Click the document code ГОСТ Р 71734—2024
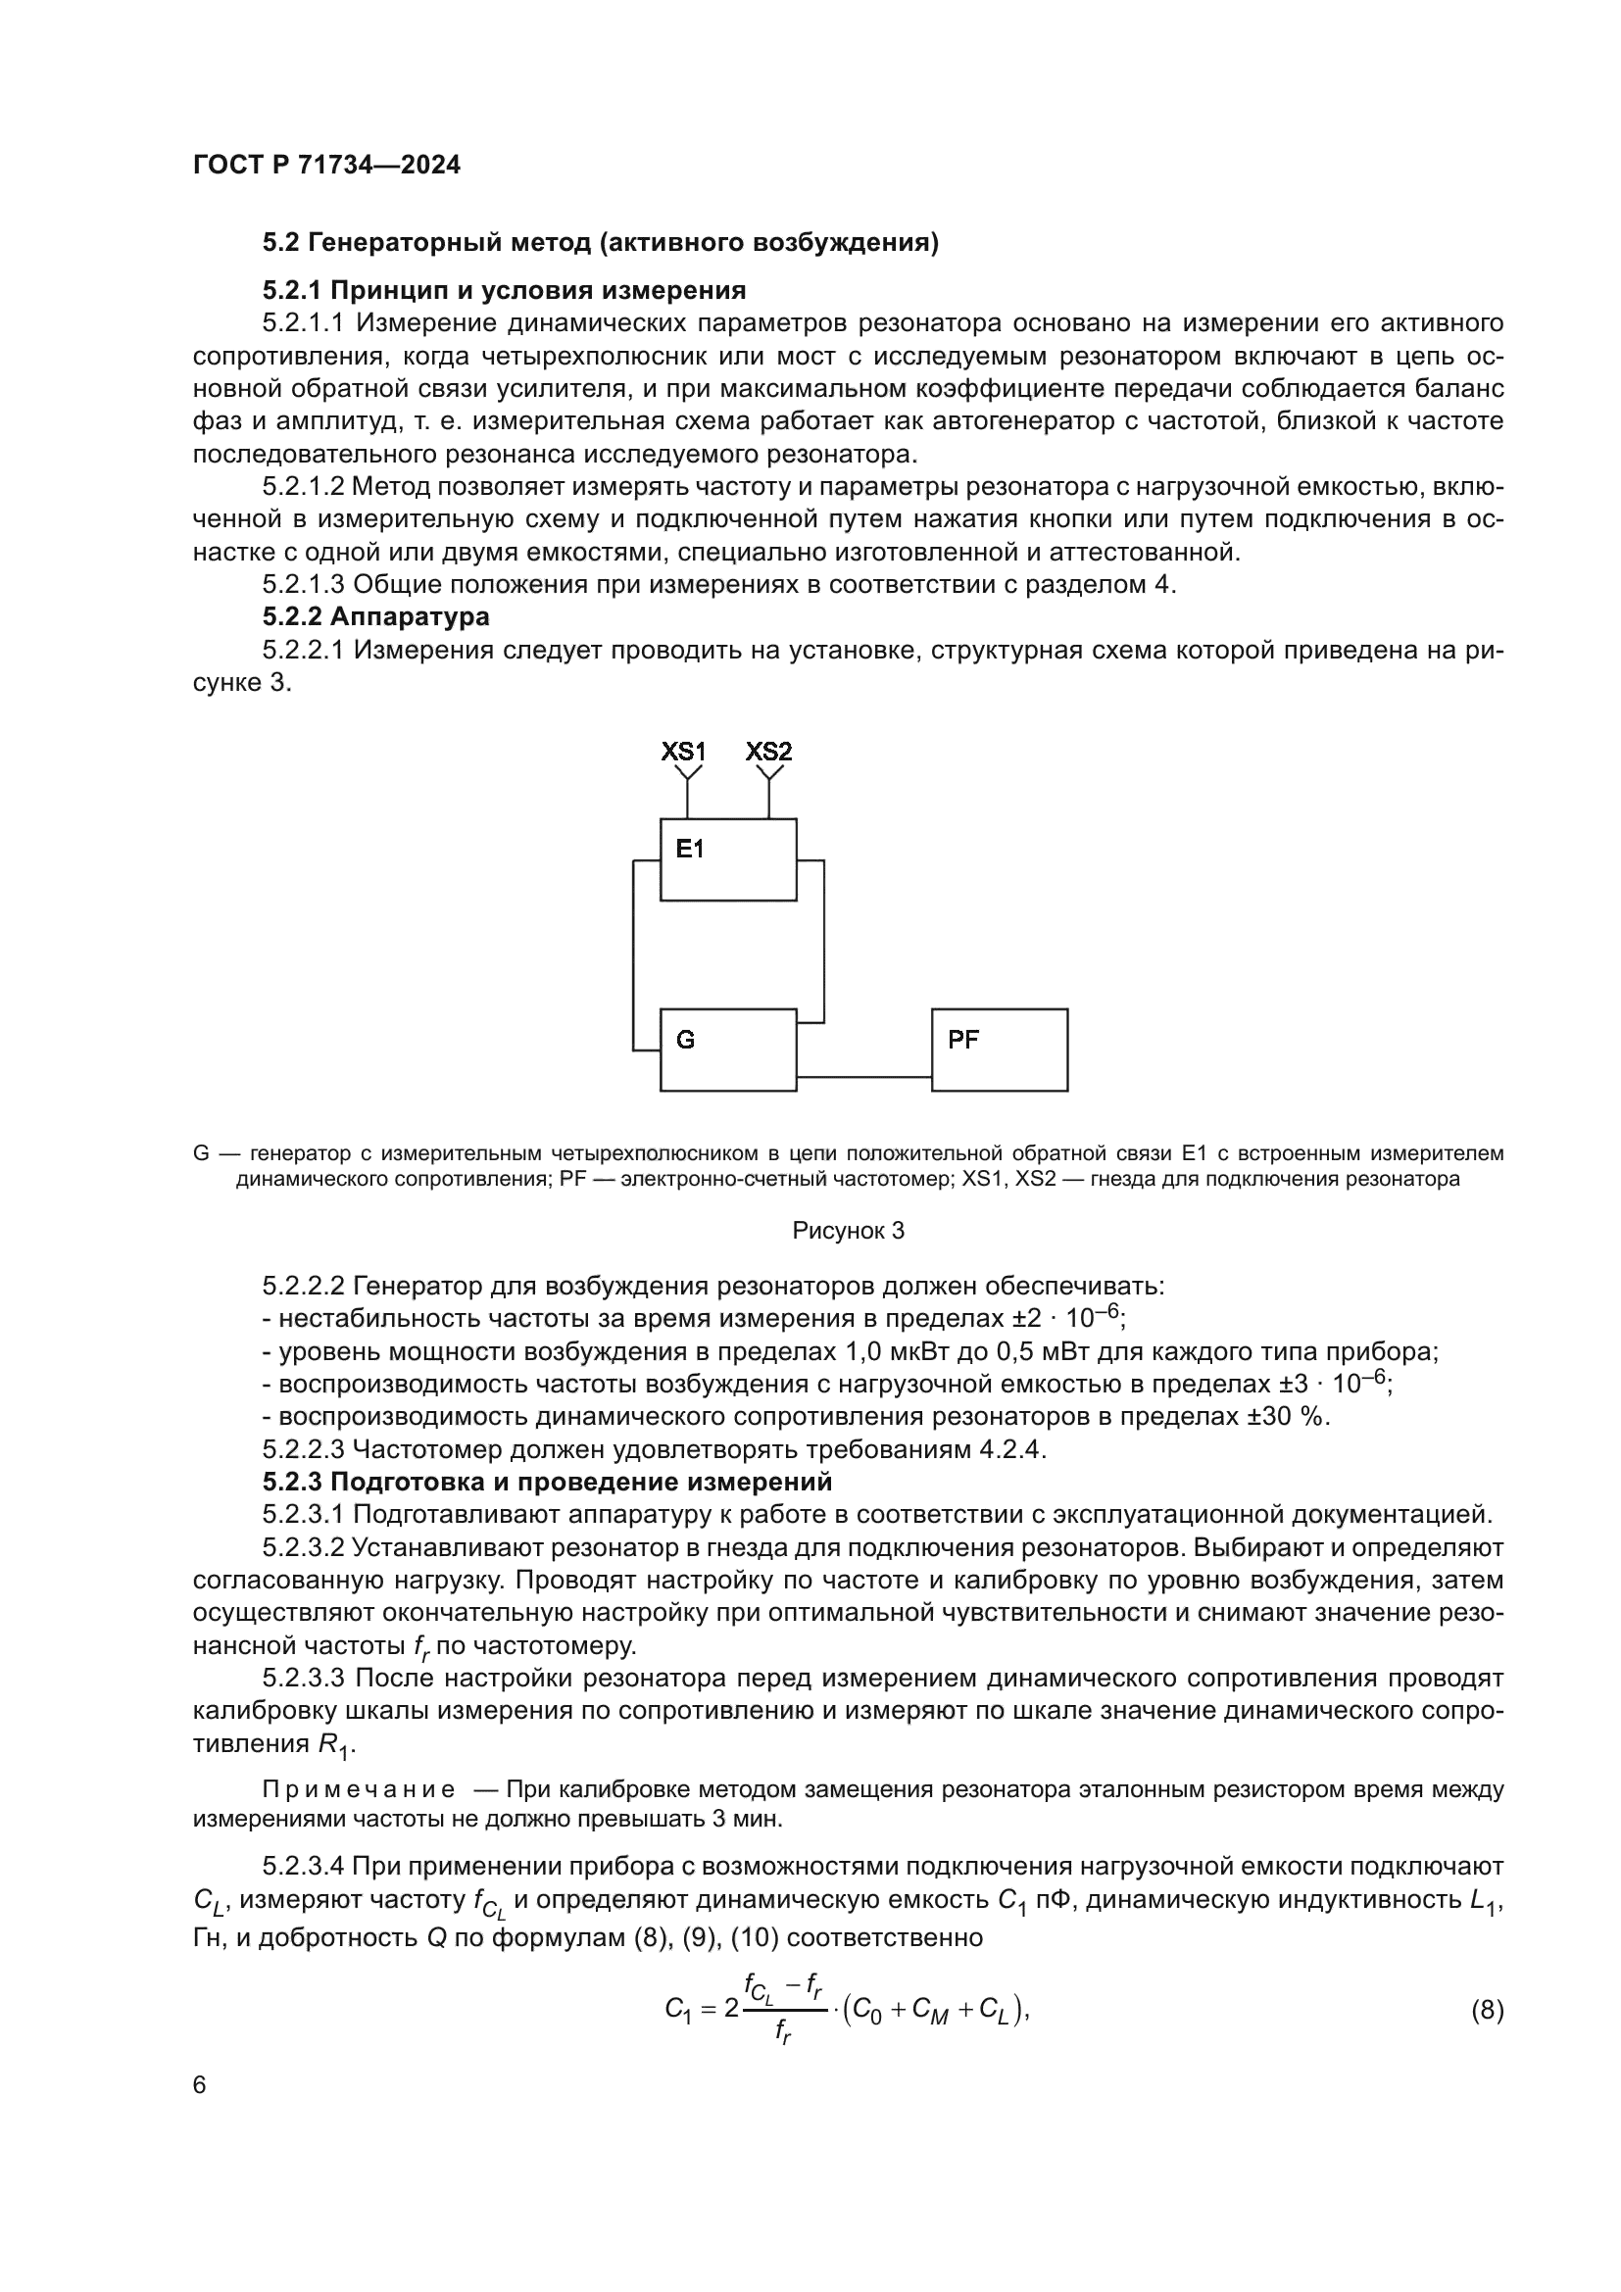326,166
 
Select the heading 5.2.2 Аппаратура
375,617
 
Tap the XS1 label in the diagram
683,752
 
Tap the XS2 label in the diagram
768,752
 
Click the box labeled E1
727,859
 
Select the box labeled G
727,1049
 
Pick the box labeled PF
999,1049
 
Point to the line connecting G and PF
863,1077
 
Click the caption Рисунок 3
848,1231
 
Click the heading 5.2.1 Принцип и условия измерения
504,290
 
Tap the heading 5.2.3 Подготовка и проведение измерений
547,1482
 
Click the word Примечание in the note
359,1790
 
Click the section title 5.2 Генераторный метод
600,243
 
